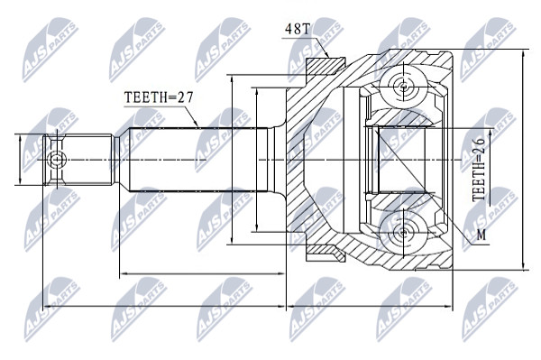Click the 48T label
[298, 29]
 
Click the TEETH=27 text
[159, 97]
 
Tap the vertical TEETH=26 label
[479, 169]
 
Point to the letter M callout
[481, 235]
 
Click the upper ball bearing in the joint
[403, 86]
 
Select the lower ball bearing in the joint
[403, 233]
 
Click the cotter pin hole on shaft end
[56, 160]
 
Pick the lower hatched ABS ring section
[326, 253]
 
